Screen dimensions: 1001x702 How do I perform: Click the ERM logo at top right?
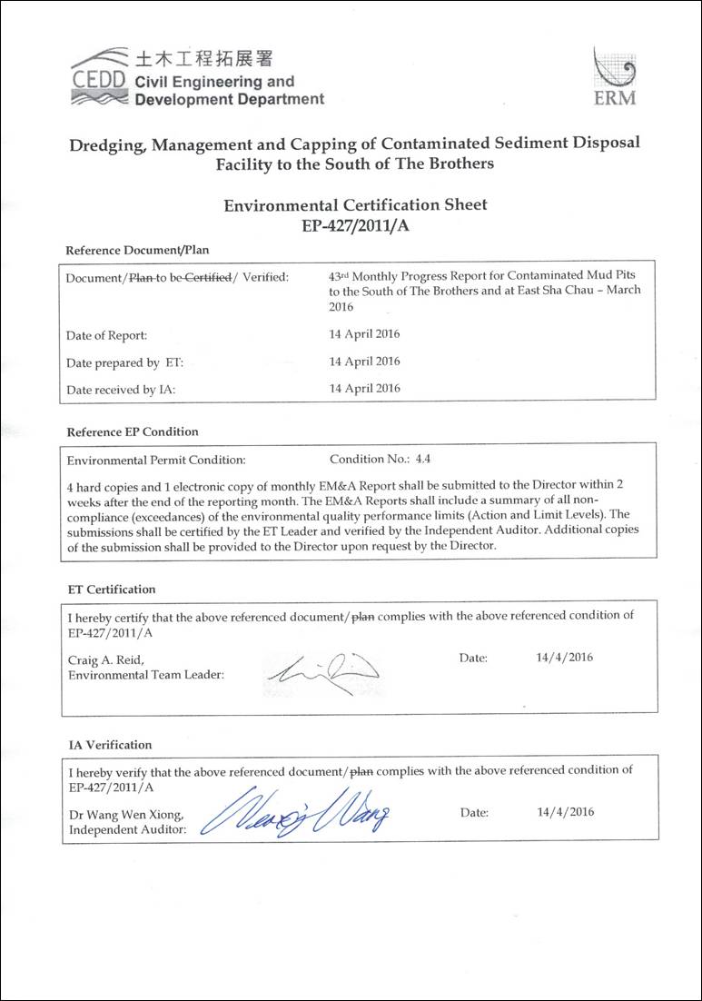click(614, 78)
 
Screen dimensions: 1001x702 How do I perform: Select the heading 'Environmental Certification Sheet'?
click(355, 205)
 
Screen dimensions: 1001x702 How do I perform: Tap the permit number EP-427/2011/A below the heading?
click(355, 225)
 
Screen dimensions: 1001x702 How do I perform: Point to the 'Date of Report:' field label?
click(106, 335)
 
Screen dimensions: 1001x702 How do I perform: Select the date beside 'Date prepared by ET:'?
click(364, 362)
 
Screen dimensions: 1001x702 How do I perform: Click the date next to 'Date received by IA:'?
click(364, 388)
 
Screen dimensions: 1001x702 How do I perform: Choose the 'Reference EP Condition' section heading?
click(132, 431)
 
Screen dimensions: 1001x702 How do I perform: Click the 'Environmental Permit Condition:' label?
click(155, 461)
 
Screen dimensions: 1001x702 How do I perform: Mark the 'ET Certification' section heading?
click(113, 590)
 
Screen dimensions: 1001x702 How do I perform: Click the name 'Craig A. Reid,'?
click(105, 659)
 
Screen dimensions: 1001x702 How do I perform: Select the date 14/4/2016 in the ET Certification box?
click(565, 658)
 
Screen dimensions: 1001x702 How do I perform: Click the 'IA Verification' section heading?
click(111, 745)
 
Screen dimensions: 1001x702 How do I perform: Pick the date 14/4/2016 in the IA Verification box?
click(565, 812)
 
